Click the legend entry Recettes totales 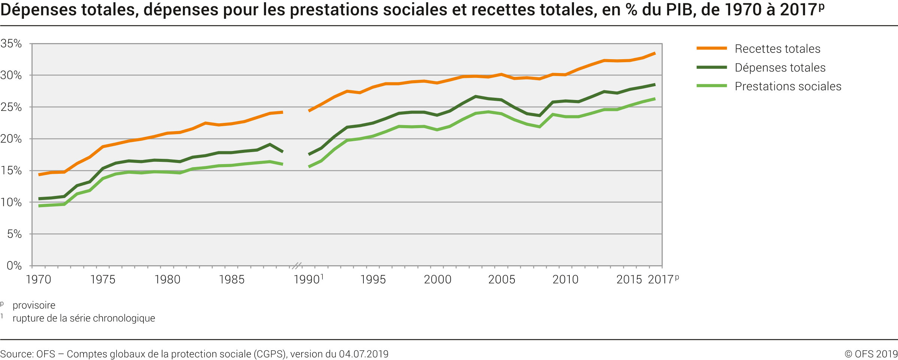[777, 49]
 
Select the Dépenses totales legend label [780, 67]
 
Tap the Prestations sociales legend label [788, 86]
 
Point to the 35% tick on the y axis [11, 43]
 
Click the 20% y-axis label [11, 139]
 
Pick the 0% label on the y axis [14, 266]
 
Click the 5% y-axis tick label [14, 234]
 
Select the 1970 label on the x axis [38, 279]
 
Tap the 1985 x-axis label [232, 279]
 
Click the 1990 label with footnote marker [308, 279]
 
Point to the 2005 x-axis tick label [502, 279]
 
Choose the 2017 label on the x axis [662, 279]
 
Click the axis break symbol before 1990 [296, 266]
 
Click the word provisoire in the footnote [34, 305]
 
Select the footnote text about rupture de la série [84, 318]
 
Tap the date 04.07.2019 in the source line [363, 354]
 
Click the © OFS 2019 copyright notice [871, 354]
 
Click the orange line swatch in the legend [711, 48]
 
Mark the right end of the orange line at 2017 [654, 53]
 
